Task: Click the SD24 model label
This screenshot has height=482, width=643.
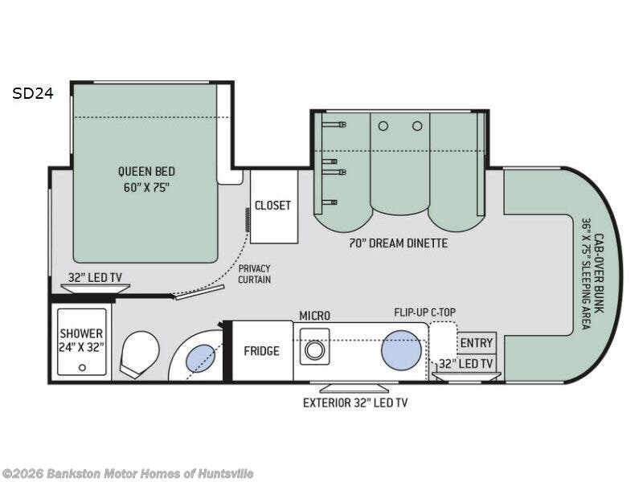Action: pos(33,94)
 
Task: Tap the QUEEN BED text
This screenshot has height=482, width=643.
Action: pos(146,171)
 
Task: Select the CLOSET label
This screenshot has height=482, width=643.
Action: pos(272,206)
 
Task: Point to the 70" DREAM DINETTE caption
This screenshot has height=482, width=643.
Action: pos(398,243)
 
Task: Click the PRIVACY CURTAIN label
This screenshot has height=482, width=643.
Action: pos(255,274)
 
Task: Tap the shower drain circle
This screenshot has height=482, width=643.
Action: pos(82,368)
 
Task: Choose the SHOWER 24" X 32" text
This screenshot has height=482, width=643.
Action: pos(81,340)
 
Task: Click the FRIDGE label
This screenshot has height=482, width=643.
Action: pos(262,351)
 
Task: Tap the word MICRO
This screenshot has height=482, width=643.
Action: pos(314,316)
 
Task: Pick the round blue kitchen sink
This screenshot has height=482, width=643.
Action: pos(401,350)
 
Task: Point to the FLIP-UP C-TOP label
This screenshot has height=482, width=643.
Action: pos(425,312)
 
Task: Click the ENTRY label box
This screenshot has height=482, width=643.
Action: pos(477,343)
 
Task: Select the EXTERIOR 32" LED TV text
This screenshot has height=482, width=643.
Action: pos(355,403)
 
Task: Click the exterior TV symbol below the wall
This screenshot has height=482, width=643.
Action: pos(354,387)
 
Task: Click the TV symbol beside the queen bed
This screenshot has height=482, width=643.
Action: pos(95,288)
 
